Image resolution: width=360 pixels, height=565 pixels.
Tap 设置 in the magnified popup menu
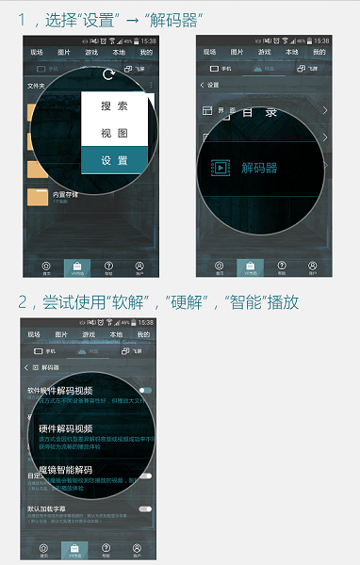(114, 160)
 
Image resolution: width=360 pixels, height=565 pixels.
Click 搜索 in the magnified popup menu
(114, 106)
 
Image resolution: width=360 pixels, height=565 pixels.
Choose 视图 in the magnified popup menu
(114, 133)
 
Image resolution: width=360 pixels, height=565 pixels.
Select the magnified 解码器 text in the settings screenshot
(259, 168)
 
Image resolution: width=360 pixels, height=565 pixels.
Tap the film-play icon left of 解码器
(221, 168)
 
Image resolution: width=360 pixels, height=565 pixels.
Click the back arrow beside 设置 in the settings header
(202, 85)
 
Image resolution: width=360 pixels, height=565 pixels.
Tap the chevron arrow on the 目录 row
(324, 111)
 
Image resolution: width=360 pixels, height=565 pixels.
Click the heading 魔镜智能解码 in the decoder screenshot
(66, 470)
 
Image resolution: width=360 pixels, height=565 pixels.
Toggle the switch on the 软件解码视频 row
(145, 389)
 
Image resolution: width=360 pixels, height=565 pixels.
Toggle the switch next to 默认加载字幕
(145, 508)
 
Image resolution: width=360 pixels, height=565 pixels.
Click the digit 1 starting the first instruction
(22, 19)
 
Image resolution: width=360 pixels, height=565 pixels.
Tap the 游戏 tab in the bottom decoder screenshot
(89, 334)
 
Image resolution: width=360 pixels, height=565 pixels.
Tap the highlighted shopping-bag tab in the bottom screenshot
(75, 550)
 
